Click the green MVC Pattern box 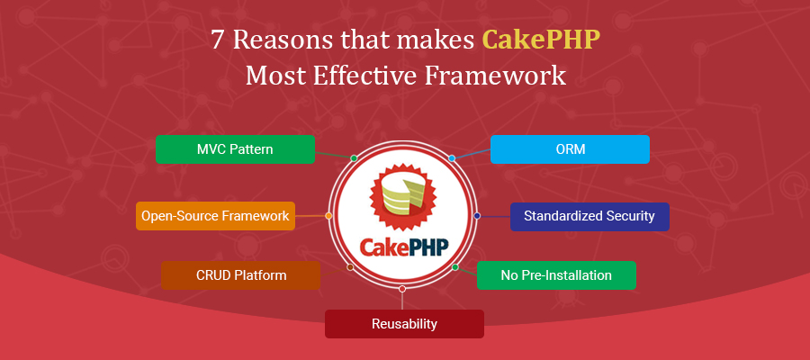point(235,148)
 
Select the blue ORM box point(570,148)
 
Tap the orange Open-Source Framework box point(215,216)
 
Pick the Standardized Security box point(589,216)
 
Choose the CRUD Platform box point(240,274)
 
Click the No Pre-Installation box point(556,274)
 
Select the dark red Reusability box point(404,323)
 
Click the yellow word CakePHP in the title point(541,40)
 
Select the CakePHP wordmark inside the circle point(404,246)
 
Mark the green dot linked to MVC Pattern point(354,158)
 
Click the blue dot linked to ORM point(452,158)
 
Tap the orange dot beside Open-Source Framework point(328,216)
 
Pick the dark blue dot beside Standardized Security point(477,216)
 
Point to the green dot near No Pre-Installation point(455,267)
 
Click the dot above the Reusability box point(402,289)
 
